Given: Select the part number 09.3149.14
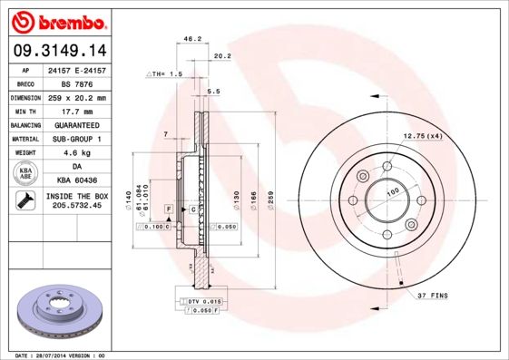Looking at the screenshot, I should click(57, 52).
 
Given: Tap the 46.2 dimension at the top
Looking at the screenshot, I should click(191, 40).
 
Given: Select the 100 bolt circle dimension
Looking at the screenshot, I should click(394, 191).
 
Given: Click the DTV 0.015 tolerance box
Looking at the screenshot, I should click(205, 300).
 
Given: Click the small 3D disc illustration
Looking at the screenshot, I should click(57, 313).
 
